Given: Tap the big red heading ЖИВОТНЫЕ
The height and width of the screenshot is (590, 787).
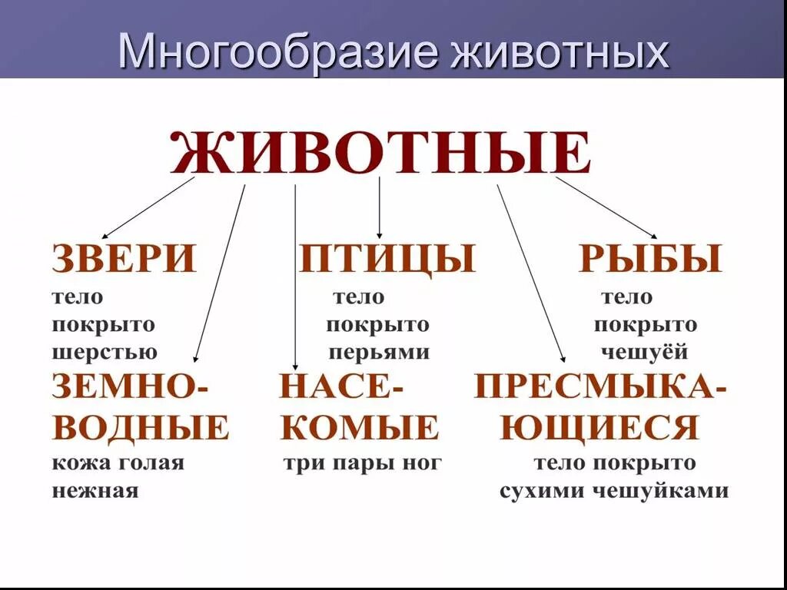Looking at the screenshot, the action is pyautogui.click(x=380, y=154).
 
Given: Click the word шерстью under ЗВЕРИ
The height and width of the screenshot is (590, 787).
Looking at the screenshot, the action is pyautogui.click(x=105, y=353).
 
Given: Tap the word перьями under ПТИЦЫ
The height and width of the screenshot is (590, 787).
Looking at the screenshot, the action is pyautogui.click(x=379, y=353).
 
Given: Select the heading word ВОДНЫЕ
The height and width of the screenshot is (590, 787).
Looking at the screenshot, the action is pyautogui.click(x=141, y=427).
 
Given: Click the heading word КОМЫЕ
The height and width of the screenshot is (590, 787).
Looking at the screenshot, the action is pyautogui.click(x=360, y=427).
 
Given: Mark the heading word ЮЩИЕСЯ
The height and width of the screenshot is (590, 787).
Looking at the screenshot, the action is pyautogui.click(x=599, y=427).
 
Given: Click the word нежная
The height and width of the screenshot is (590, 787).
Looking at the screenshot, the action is pyautogui.click(x=95, y=491).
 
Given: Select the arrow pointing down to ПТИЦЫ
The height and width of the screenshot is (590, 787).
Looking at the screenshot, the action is pyautogui.click(x=379, y=207).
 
